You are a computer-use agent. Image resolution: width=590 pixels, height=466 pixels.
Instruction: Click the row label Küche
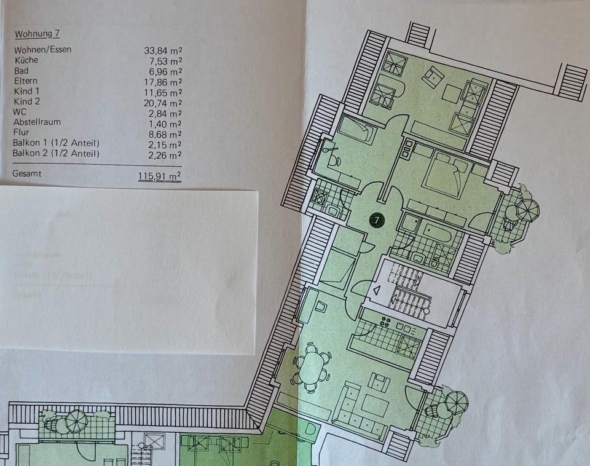(25, 60)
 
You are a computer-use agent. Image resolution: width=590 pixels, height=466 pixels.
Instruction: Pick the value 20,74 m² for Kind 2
(162, 103)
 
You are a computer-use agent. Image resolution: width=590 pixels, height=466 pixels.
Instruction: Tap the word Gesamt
(28, 174)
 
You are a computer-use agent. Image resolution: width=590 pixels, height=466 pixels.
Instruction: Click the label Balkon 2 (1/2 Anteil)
(55, 154)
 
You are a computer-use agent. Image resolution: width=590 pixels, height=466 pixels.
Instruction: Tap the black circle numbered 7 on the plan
(376, 219)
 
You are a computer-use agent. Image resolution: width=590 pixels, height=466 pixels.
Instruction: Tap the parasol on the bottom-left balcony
(76, 421)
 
